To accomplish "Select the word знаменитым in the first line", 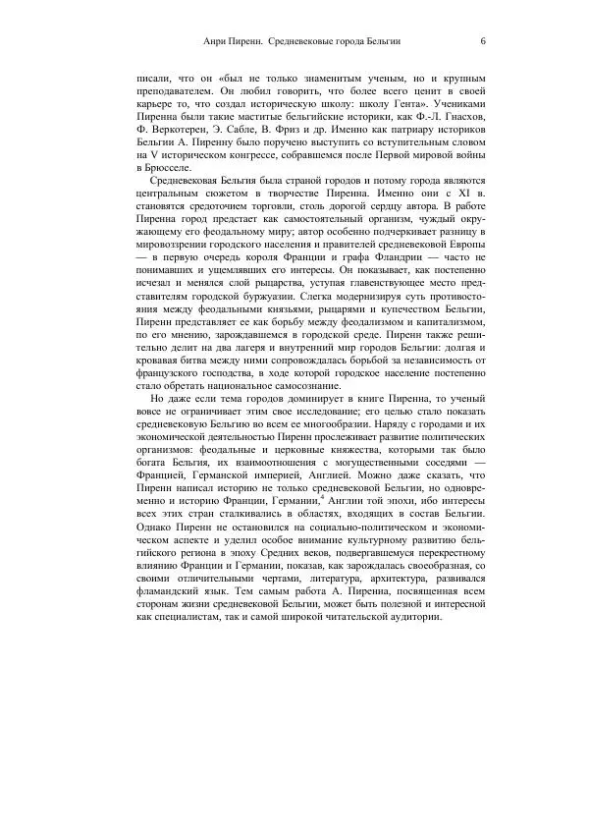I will coord(322,77).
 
